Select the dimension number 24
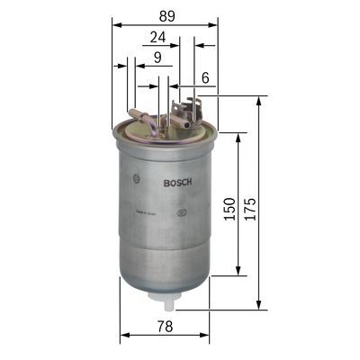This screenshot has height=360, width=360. click(157, 37)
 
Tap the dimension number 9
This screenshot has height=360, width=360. click(157, 58)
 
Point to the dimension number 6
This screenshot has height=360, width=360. click(205, 79)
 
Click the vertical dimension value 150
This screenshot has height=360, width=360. click(229, 209)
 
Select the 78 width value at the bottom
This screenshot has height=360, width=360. click(165, 326)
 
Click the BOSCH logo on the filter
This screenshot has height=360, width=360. click(175, 183)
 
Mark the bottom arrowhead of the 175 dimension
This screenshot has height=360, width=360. click(259, 306)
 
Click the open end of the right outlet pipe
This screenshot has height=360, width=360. click(186, 126)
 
